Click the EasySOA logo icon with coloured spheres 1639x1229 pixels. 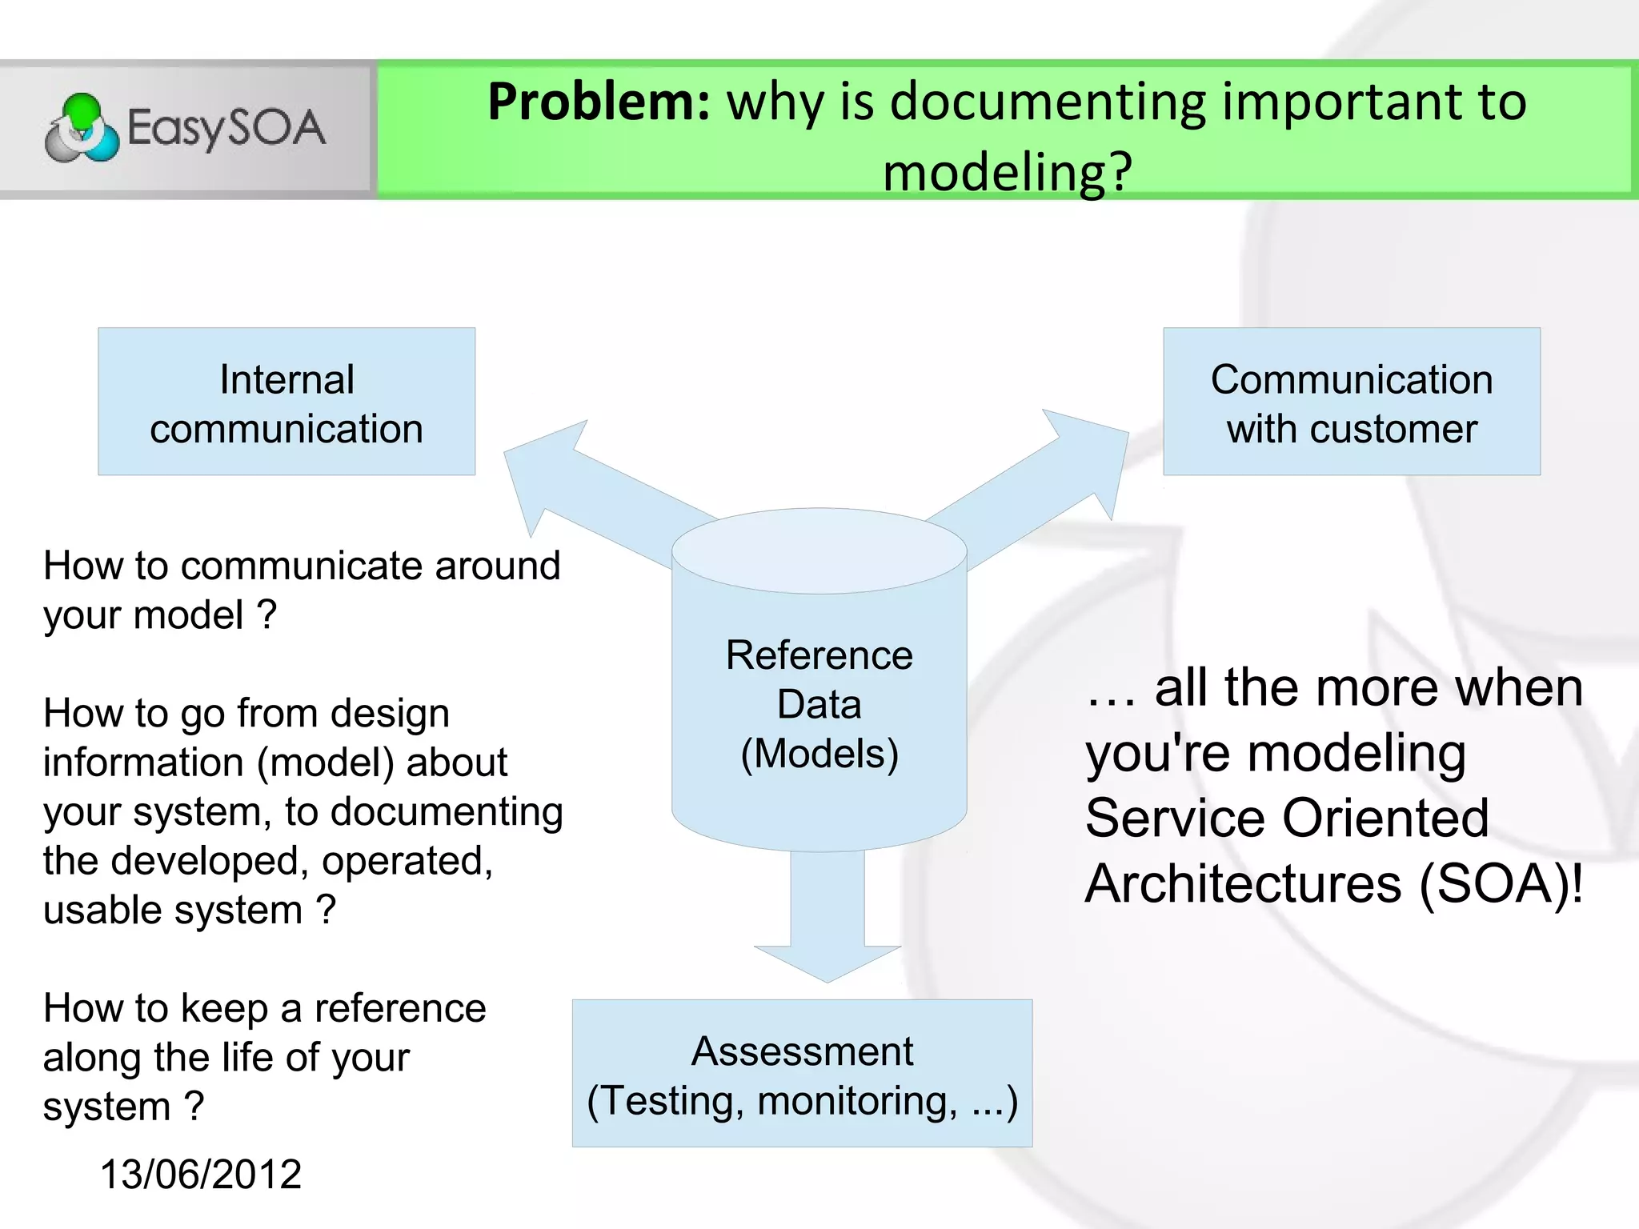click(82, 129)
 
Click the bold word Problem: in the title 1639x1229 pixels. click(599, 102)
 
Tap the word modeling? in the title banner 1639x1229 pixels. click(1008, 172)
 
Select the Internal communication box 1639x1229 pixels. click(287, 402)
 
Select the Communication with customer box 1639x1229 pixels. click(1351, 402)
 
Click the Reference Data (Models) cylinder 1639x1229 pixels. click(819, 704)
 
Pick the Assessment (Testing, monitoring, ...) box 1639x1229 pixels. click(802, 1074)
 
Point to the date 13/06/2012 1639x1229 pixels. click(200, 1175)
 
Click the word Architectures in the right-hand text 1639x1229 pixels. click(1243, 883)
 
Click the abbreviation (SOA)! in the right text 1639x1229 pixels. click(1501, 883)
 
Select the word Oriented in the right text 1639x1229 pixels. click(1385, 818)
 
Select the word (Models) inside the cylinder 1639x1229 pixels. click(819, 754)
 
